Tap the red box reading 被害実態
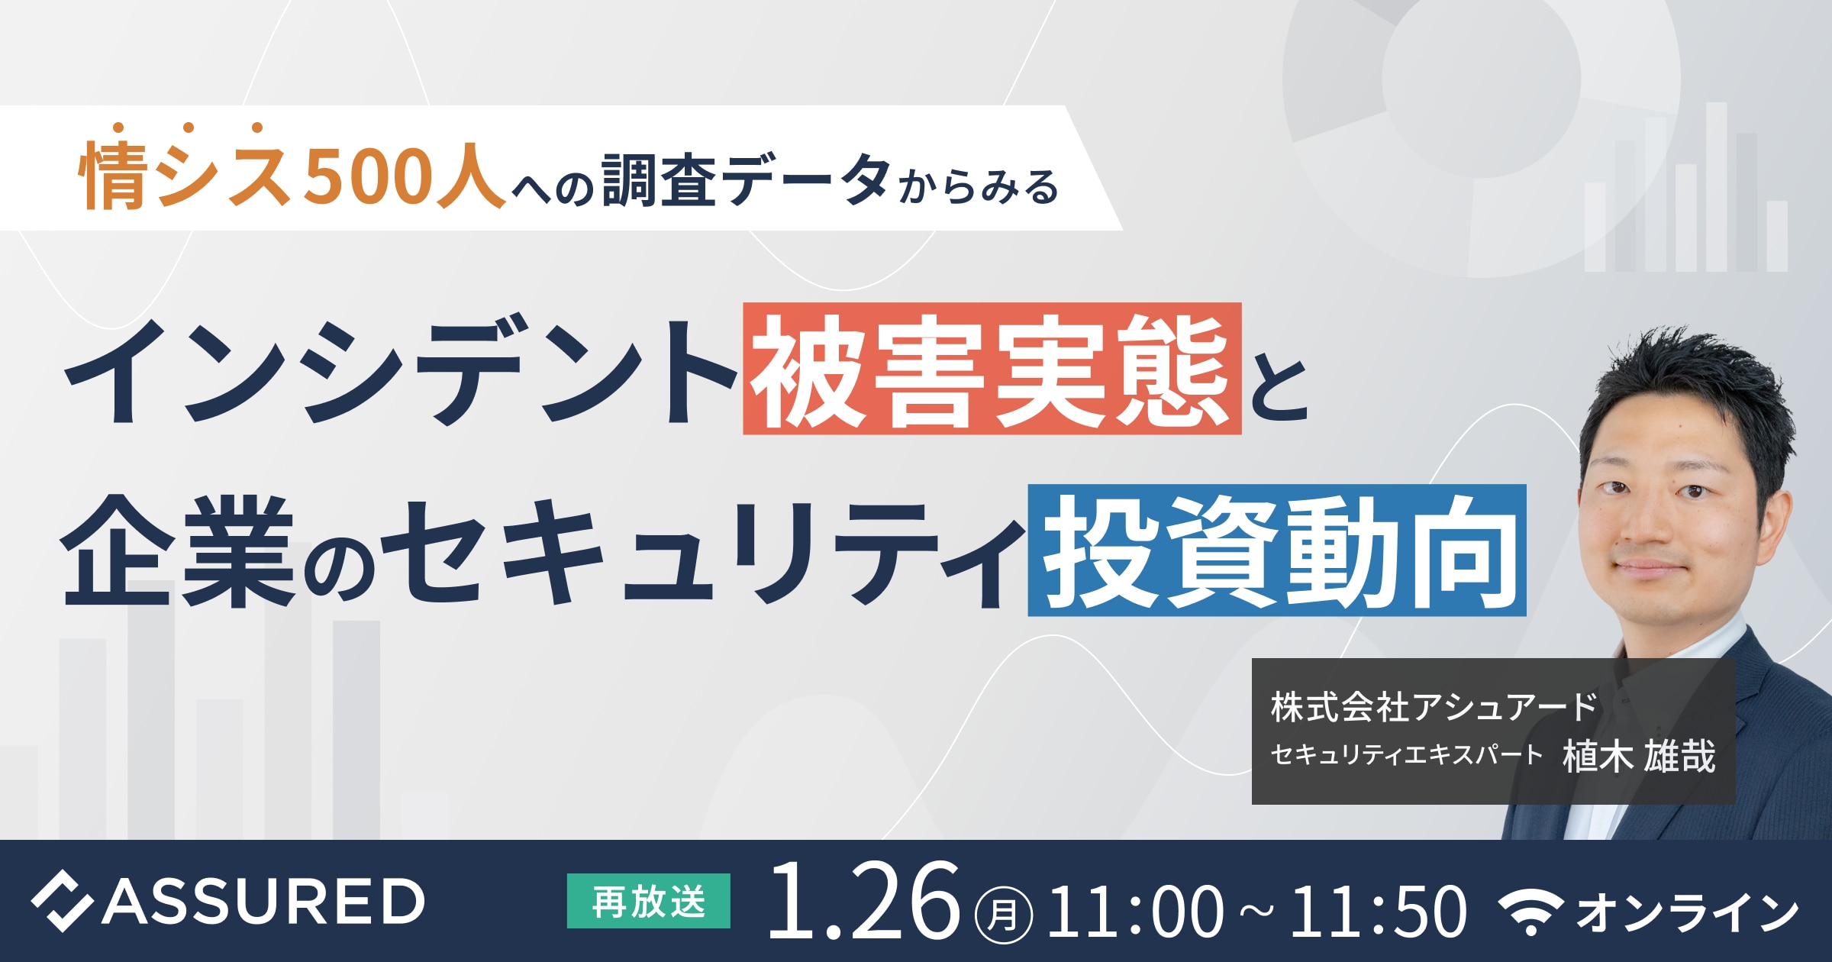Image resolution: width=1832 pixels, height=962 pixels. pos(992,369)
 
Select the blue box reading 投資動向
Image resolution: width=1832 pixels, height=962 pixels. pos(1277,550)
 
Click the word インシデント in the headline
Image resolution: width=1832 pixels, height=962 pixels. pos(400,371)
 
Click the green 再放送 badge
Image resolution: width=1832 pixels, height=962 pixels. pos(649,901)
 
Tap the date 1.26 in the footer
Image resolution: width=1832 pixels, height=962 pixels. pos(863,902)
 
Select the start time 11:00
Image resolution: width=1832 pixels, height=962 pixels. pos(1136,910)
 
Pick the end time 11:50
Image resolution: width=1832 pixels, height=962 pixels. pos(1379,910)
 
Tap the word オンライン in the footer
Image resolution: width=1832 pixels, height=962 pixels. pos(1687,912)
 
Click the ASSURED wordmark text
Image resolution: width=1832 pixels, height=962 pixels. pos(263,901)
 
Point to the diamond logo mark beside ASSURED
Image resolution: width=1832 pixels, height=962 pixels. pos(62,901)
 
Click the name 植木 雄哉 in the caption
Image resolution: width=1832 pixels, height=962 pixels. pos(1639,756)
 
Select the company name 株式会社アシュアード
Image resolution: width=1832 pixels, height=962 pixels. pos(1434,707)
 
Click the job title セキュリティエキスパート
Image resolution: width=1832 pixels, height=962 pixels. pos(1407,755)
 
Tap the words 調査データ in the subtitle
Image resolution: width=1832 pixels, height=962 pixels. pos(746,179)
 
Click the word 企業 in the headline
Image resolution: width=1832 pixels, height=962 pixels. pos(178,551)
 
